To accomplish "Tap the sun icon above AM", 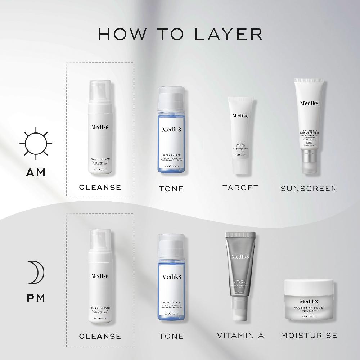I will [x=36, y=143].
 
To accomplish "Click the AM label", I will [x=36, y=172].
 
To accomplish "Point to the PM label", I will [x=36, y=298].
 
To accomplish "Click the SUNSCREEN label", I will [x=309, y=188].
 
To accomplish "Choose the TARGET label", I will [x=240, y=188].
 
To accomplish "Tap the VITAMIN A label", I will [x=240, y=336].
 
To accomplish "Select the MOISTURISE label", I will [x=309, y=336].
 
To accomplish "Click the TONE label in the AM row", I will [x=171, y=189].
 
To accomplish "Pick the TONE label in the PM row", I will [x=171, y=336].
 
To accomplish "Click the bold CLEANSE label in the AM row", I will [x=100, y=187].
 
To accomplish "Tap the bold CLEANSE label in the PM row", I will [x=100, y=336].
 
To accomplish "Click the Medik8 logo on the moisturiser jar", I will [x=309, y=301].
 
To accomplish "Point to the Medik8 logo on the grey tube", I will [x=240, y=257].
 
